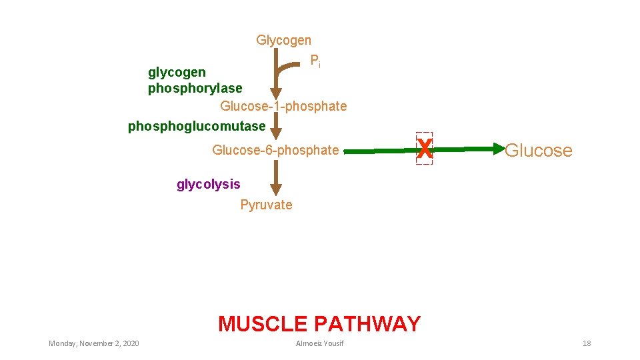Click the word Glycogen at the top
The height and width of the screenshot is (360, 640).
click(x=283, y=41)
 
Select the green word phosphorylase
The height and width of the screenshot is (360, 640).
click(x=195, y=88)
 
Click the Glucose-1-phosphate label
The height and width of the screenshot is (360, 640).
click(x=283, y=106)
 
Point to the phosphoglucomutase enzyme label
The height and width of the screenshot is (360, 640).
click(x=197, y=126)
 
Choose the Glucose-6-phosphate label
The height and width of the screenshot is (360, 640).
click(x=275, y=150)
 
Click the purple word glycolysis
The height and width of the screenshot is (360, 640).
click(x=208, y=184)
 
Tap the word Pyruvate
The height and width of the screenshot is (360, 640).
click(x=266, y=205)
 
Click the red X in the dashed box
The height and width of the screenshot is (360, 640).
click(x=424, y=149)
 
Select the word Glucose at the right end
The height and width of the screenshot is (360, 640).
click(x=538, y=151)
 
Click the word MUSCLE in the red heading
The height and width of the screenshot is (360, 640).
click(x=263, y=324)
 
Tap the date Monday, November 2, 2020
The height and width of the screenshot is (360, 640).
click(x=94, y=343)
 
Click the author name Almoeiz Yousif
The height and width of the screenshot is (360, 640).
click(x=321, y=343)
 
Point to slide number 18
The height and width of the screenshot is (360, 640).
click(x=587, y=343)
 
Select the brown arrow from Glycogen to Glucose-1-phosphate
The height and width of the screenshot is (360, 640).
click(x=275, y=73)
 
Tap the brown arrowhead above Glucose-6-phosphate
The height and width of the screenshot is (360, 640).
click(x=275, y=129)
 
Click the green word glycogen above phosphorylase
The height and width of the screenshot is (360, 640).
click(x=177, y=71)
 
